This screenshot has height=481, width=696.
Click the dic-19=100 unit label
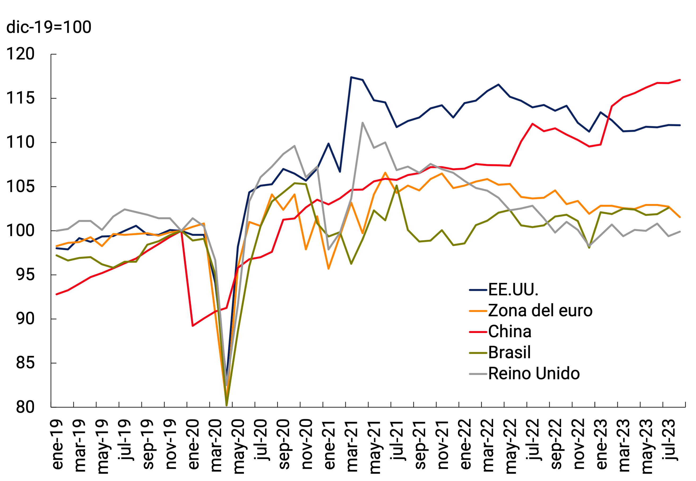point(49,27)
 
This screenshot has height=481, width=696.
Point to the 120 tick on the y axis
point(20,54)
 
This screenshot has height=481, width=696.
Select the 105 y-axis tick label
point(20,187)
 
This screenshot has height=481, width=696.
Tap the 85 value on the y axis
point(25,363)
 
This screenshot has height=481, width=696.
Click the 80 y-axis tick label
point(25,407)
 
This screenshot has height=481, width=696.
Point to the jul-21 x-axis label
point(397,440)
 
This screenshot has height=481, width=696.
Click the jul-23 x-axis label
point(669,440)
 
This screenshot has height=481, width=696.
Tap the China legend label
point(509,332)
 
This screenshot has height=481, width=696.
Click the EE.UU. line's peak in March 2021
point(351,77)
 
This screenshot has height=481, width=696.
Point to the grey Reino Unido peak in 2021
point(363,123)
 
